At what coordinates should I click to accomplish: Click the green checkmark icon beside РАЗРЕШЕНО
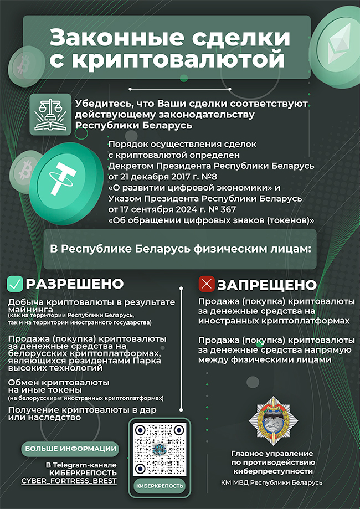(x=15, y=284)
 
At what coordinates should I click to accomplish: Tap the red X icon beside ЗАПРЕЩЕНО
(x=207, y=285)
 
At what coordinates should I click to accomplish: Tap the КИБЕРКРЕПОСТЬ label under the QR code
(x=160, y=486)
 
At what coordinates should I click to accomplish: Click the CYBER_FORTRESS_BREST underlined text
(x=69, y=481)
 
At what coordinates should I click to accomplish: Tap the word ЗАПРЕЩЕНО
(x=266, y=285)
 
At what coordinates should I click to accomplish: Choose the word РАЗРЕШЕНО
(x=74, y=284)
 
